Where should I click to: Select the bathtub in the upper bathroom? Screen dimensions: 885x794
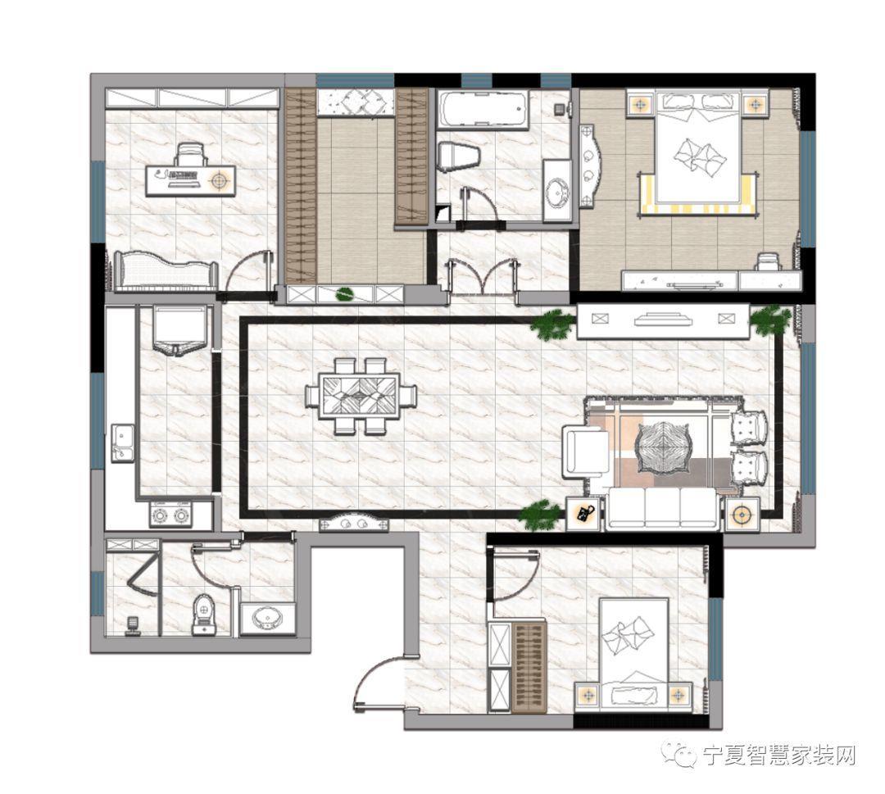(483, 108)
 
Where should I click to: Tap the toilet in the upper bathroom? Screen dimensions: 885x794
(458, 157)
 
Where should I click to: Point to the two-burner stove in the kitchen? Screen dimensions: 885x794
(171, 515)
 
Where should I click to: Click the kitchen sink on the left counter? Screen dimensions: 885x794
(122, 443)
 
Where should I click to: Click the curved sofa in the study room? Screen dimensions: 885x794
(166, 271)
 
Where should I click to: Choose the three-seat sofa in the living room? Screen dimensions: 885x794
(663, 509)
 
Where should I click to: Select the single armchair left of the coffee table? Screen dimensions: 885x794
(585, 451)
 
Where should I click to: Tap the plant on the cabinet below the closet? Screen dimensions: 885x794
(343, 293)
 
